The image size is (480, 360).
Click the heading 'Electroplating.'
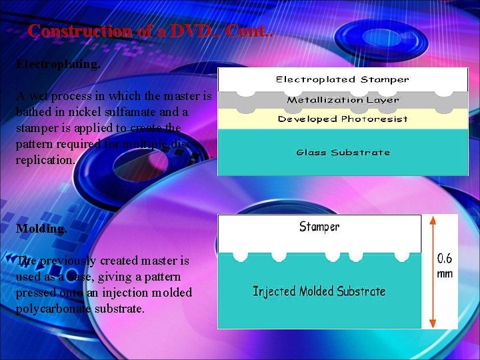pyautogui.click(x=58, y=65)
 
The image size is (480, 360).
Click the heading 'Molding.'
pyautogui.click(x=41, y=228)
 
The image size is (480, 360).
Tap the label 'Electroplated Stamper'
pyautogui.click(x=343, y=79)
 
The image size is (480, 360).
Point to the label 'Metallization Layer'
pyautogui.click(x=343, y=100)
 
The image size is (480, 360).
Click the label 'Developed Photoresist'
pyautogui.click(x=343, y=119)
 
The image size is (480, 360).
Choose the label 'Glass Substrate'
pyautogui.click(x=343, y=152)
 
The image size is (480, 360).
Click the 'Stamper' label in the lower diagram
pyautogui.click(x=319, y=227)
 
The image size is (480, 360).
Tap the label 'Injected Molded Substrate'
pyautogui.click(x=319, y=291)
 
